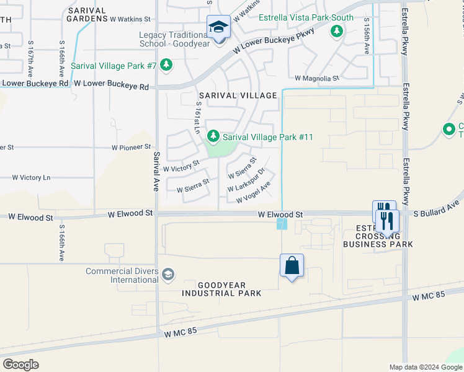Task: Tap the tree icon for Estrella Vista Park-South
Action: click(337, 30)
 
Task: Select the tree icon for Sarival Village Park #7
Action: click(166, 65)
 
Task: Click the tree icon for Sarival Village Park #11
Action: click(213, 136)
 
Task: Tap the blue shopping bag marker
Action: click(292, 266)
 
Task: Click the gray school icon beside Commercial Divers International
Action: click(167, 275)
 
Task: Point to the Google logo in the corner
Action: click(20, 364)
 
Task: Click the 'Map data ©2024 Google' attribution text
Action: click(425, 366)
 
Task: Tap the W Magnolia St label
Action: click(317, 79)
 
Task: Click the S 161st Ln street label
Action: click(196, 118)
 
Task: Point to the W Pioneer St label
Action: click(131, 148)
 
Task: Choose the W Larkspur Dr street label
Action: click(246, 180)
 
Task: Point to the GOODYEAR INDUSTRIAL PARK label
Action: click(221, 288)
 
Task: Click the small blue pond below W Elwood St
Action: click(282, 222)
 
